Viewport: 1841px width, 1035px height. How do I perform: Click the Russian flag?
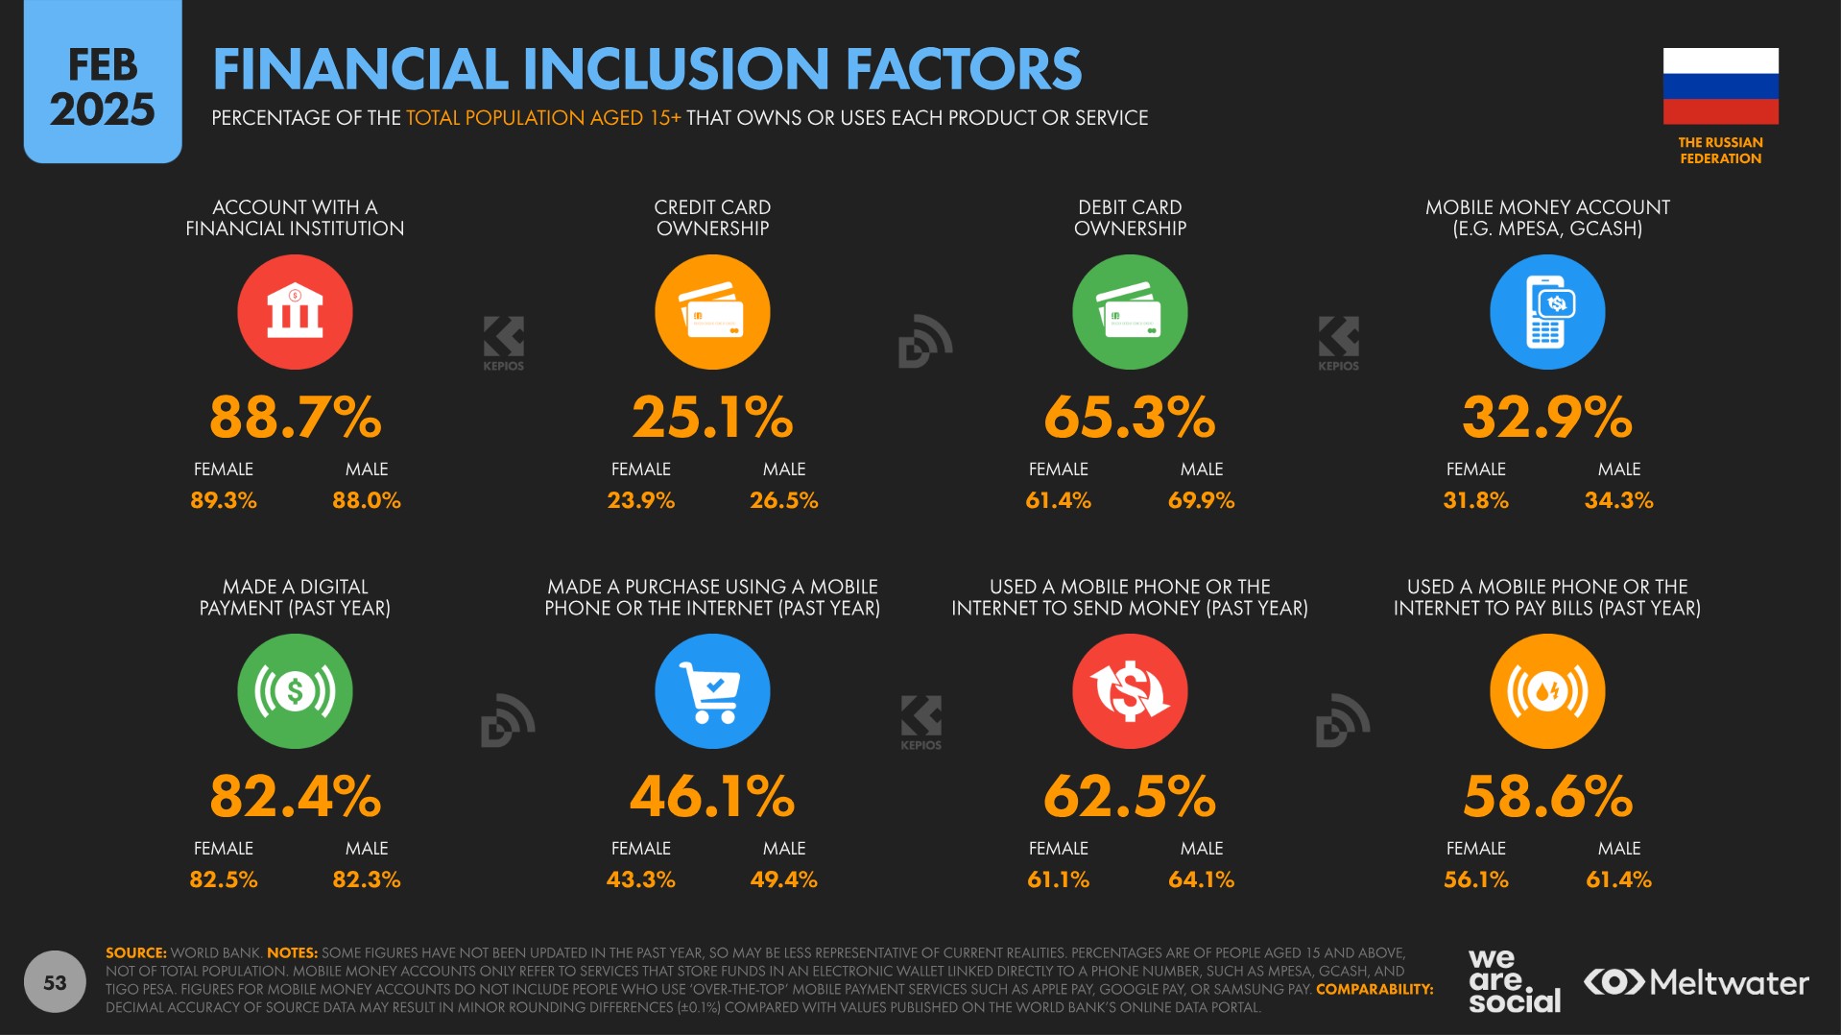pyautogui.click(x=1720, y=85)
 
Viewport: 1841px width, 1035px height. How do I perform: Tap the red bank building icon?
pyautogui.click(x=295, y=312)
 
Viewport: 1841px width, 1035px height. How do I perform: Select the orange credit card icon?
pyautogui.click(x=712, y=312)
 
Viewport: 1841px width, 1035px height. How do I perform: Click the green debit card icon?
pyautogui.click(x=1130, y=312)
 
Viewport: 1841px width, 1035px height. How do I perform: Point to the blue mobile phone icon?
pyautogui.click(x=1546, y=312)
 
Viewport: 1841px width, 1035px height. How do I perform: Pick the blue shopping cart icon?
pyautogui.click(x=712, y=691)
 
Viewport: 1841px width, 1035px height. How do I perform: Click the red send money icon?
pyautogui.click(x=1130, y=691)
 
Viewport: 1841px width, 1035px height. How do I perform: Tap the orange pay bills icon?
pyautogui.click(x=1546, y=691)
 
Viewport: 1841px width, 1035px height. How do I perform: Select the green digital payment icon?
pyautogui.click(x=295, y=691)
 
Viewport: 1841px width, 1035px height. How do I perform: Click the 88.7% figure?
pyautogui.click(x=295, y=418)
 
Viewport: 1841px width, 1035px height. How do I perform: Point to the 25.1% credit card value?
pyautogui.click(x=712, y=418)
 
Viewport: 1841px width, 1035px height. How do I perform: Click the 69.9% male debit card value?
pyautogui.click(x=1201, y=500)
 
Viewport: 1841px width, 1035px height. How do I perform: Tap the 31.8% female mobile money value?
pyautogui.click(x=1475, y=500)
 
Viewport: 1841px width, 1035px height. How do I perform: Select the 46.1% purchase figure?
pyautogui.click(x=712, y=797)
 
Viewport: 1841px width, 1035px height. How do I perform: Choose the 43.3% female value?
pyautogui.click(x=640, y=879)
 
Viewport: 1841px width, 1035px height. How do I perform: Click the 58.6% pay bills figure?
pyautogui.click(x=1546, y=797)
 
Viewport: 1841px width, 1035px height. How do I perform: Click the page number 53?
pyautogui.click(x=55, y=982)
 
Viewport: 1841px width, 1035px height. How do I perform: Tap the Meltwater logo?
pyautogui.click(x=1696, y=982)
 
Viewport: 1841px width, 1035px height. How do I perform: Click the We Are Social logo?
pyautogui.click(x=1514, y=980)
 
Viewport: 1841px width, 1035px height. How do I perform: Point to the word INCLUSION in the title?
pyautogui.click(x=676, y=69)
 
